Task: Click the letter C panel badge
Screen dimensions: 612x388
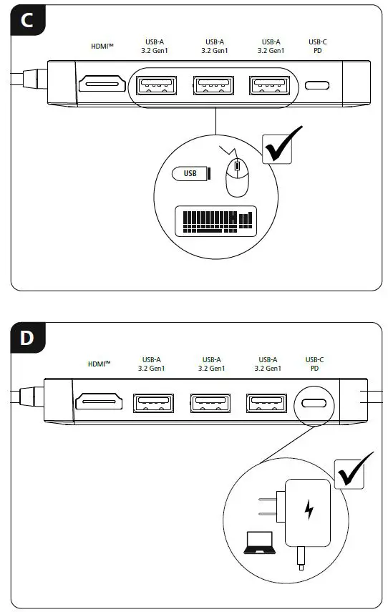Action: click(26, 19)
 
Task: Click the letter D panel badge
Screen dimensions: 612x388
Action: click(26, 337)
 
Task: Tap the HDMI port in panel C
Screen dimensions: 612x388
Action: click(102, 86)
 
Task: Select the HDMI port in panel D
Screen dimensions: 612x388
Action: click(100, 402)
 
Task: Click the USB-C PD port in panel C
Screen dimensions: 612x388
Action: click(317, 86)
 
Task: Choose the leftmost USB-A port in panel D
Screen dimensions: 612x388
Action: click(152, 403)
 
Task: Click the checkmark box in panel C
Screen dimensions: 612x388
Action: click(283, 147)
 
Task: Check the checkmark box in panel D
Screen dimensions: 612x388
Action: click(354, 469)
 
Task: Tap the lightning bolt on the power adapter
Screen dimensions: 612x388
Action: click(309, 510)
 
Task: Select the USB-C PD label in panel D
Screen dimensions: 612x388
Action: click(315, 364)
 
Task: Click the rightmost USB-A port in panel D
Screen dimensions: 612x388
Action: click(266, 403)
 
